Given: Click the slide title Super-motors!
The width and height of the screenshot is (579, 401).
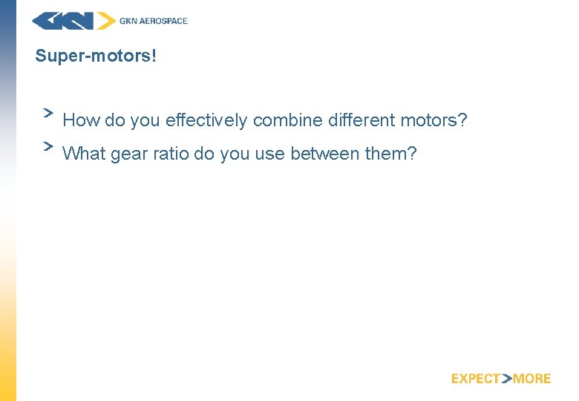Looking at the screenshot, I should pos(96,56).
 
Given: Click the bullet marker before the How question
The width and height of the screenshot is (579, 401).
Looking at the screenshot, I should pos(48,112).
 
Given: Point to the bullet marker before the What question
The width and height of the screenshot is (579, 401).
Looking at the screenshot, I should pos(48,146).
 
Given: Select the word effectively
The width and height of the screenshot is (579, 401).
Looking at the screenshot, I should pos(206,120).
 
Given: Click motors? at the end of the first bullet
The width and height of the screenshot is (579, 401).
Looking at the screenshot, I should pos(434,120).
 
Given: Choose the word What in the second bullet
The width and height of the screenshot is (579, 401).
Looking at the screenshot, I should pos(84,154).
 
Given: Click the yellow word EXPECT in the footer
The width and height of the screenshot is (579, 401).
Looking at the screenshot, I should pos(476,379).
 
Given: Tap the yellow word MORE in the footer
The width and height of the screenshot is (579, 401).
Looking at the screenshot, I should pos(532,379).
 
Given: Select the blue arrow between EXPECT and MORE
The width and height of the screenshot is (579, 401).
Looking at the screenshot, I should pos(507,379).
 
